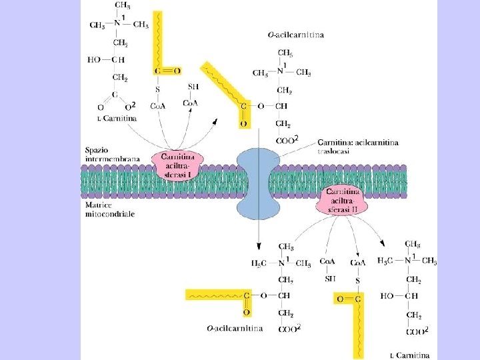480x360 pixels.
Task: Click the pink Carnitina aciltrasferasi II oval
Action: pos(343,201)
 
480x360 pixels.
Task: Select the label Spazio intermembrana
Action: pos(112,155)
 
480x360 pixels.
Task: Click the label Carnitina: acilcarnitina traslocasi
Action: pos(359,147)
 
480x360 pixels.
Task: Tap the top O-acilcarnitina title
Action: pos(296,35)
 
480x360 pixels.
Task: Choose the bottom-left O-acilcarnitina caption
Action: pos(234,328)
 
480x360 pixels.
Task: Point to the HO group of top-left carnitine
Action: pos(94,59)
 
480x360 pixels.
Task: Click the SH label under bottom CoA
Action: pos(330,278)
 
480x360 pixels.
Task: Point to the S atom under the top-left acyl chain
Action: pos(158,89)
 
